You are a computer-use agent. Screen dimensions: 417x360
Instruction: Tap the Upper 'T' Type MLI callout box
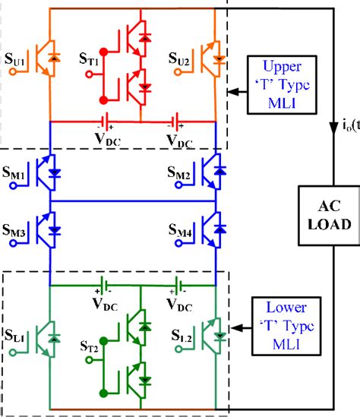279,77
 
